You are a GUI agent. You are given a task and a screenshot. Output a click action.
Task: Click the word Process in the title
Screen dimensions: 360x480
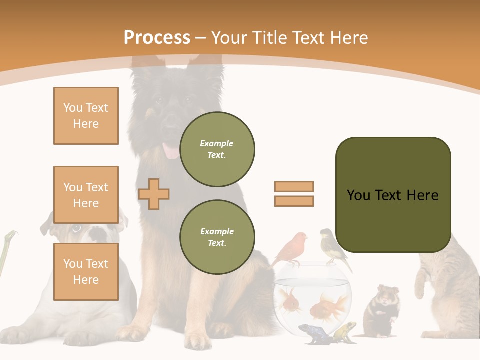pos(157,37)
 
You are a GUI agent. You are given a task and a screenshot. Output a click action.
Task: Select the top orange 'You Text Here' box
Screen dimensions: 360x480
pos(86,116)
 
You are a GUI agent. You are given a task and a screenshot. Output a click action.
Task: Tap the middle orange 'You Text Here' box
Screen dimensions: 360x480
pos(86,195)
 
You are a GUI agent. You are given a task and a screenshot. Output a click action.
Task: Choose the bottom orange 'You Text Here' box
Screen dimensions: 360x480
pos(86,272)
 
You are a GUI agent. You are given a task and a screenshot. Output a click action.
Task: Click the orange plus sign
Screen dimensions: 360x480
pos(154,194)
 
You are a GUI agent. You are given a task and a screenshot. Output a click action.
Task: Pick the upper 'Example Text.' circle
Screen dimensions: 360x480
pos(217,149)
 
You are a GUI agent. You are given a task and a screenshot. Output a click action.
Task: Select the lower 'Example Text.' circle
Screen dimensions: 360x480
pos(217,237)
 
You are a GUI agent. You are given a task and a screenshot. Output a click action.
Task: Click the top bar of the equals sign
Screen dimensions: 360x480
pos(294,186)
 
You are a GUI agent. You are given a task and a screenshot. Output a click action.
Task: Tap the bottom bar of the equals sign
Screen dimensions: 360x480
pos(294,201)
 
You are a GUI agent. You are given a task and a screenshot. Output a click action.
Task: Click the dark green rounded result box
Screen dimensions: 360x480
pos(393,195)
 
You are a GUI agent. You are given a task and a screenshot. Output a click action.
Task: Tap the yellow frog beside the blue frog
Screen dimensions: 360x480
pos(345,331)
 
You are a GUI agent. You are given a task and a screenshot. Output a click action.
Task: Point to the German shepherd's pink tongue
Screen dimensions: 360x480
pos(171,151)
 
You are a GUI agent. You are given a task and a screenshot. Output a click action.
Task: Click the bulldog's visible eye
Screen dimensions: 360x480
pos(75,229)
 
